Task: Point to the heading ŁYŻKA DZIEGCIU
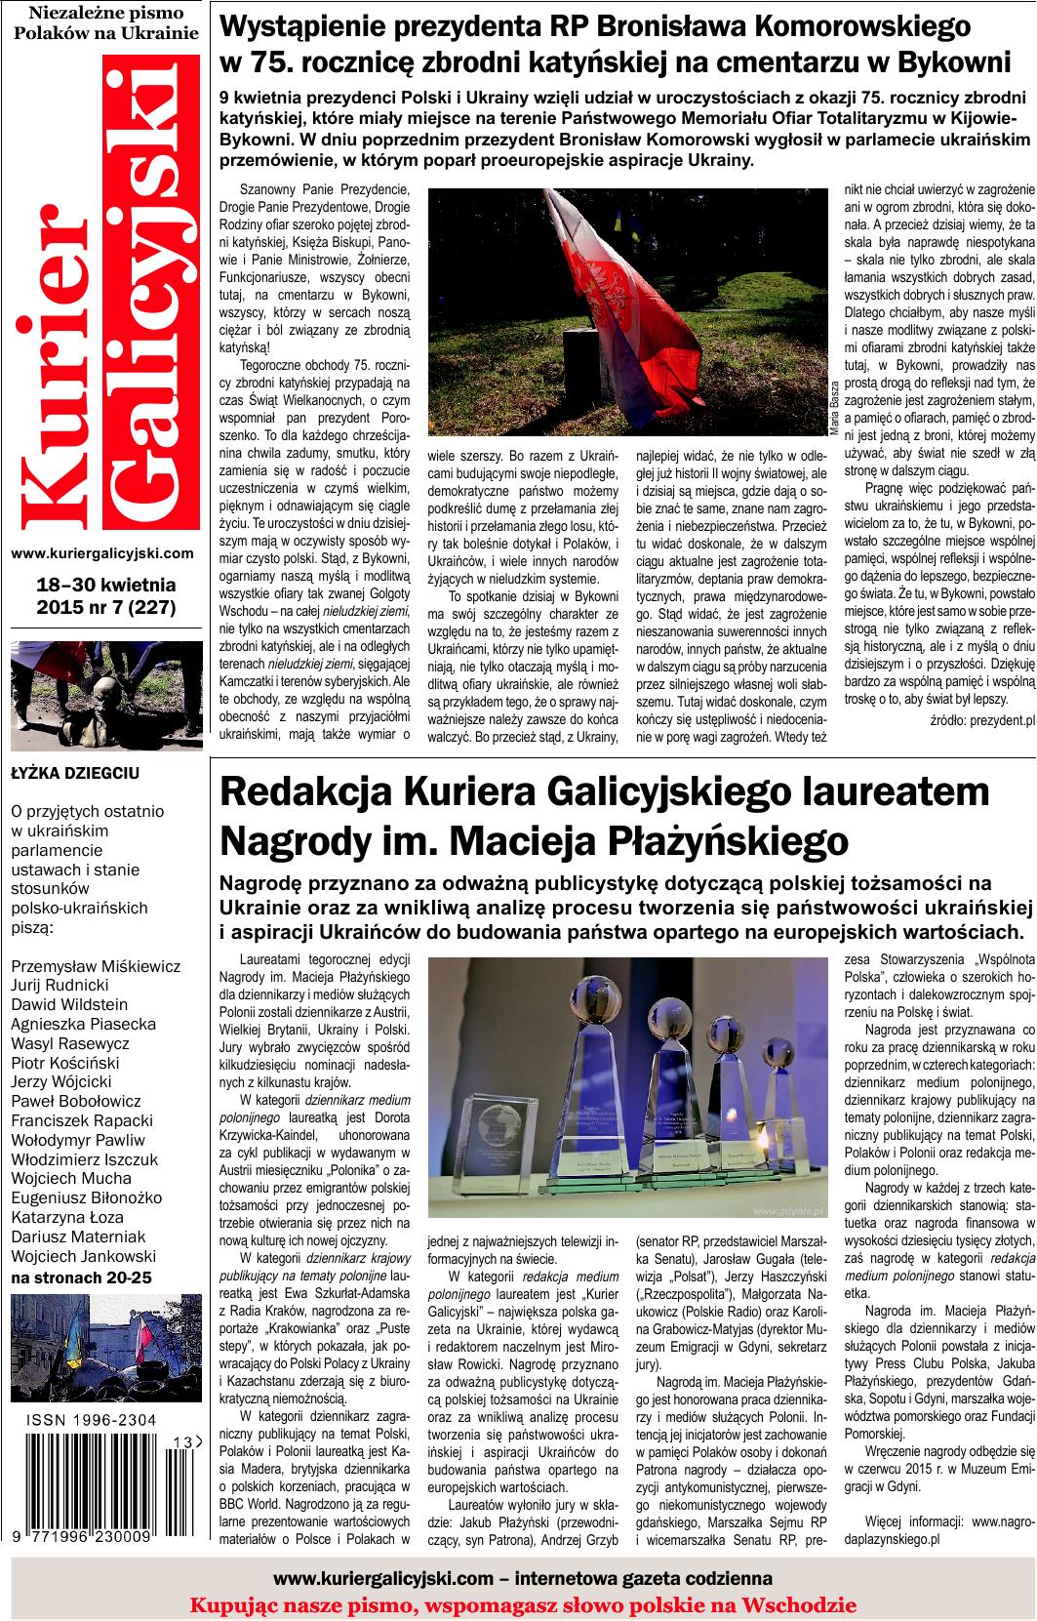point(75,774)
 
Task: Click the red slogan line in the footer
point(522,1605)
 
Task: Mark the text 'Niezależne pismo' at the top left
point(106,12)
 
